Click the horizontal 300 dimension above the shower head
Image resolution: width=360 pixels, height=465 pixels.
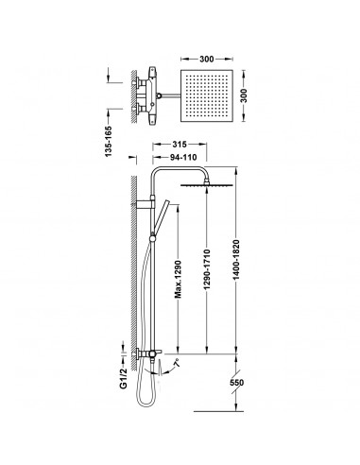tap(207, 59)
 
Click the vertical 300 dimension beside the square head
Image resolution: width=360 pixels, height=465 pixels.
tap(244, 95)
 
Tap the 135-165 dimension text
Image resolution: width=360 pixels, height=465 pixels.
tap(108, 141)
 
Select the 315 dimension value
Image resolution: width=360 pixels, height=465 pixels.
tap(180, 145)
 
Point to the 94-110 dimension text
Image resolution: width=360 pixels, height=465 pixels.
tap(183, 157)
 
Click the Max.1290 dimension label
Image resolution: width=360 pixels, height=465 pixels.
tap(178, 279)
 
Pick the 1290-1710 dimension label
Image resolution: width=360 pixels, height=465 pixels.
tap(207, 269)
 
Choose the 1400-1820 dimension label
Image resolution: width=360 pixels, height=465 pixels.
tap(236, 260)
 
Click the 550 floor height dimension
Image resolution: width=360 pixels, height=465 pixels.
tap(236, 383)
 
